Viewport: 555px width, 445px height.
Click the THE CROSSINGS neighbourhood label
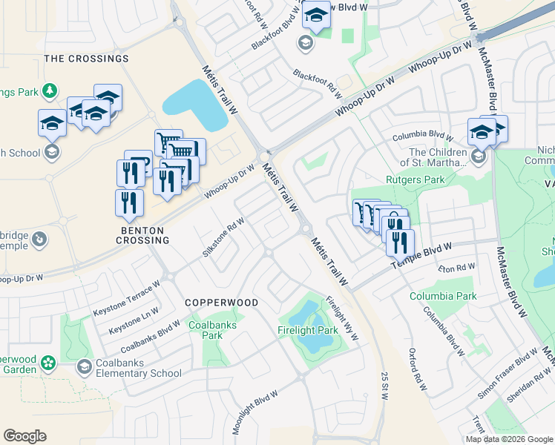(86, 58)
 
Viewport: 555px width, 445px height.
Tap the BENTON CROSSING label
(145, 235)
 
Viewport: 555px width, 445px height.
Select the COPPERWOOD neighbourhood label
(221, 303)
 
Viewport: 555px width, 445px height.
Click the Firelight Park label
(308, 329)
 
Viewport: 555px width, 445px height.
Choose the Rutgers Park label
(415, 179)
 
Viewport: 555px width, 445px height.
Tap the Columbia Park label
(443, 296)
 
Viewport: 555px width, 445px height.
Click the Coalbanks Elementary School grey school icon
(85, 366)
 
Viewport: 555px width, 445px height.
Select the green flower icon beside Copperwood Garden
(48, 363)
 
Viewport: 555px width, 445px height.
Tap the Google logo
(24, 436)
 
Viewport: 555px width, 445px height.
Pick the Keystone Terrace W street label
(126, 300)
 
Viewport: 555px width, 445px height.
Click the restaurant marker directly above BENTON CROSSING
(130, 203)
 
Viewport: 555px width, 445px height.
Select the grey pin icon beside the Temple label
(41, 240)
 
